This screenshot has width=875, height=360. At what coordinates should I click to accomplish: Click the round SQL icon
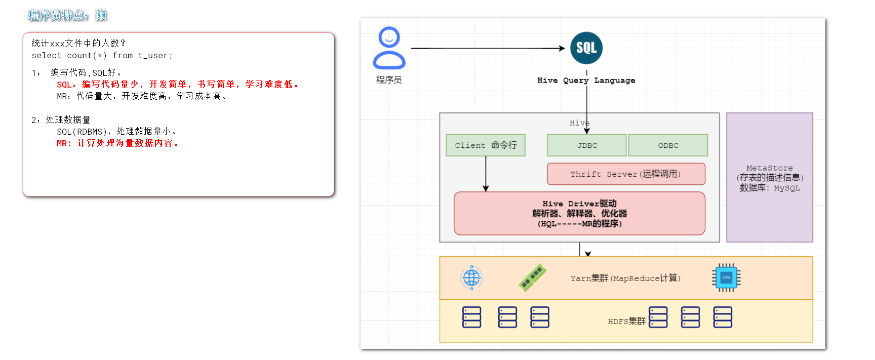586,48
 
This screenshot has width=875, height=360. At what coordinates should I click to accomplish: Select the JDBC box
586,145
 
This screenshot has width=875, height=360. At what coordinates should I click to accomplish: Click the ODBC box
668,145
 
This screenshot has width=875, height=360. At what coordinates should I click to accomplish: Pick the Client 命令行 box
485,145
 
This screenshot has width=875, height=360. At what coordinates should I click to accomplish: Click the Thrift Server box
626,174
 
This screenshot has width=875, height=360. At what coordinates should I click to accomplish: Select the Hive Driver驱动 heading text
579,204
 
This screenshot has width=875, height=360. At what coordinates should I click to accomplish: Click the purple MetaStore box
769,177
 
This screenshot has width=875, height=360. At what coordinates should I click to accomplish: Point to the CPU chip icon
726,277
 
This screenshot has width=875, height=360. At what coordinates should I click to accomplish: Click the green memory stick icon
532,277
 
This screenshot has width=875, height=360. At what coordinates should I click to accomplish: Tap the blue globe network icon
471,277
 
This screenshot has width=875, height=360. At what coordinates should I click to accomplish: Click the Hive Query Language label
586,81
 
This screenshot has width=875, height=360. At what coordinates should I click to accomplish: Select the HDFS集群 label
626,321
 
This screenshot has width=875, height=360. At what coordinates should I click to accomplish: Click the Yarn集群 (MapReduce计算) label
625,278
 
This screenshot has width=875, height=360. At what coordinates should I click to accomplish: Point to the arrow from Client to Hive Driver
486,173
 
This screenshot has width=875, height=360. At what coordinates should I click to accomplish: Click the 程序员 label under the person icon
388,80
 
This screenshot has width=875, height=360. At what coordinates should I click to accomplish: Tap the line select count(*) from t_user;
102,56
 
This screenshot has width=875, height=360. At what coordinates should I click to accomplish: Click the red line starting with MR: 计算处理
117,143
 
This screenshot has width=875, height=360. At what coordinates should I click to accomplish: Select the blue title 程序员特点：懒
67,16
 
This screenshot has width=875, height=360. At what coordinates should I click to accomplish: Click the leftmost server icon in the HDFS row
471,317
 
